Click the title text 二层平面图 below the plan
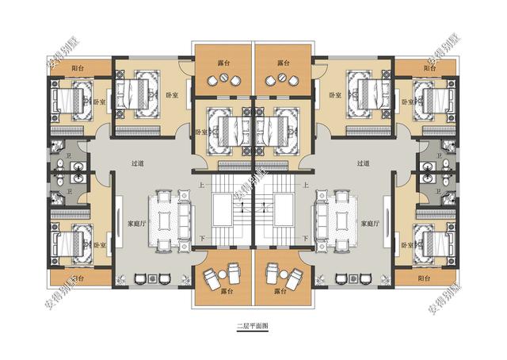pyautogui.click(x=253, y=326)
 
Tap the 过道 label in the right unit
pyautogui.click(x=364, y=164)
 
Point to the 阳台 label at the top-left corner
pyautogui.click(x=78, y=69)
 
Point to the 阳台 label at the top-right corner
pyautogui.click(x=429, y=69)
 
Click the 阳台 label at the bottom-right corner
pyautogui.click(x=429, y=279)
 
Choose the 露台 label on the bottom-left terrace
pyautogui.click(x=224, y=292)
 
